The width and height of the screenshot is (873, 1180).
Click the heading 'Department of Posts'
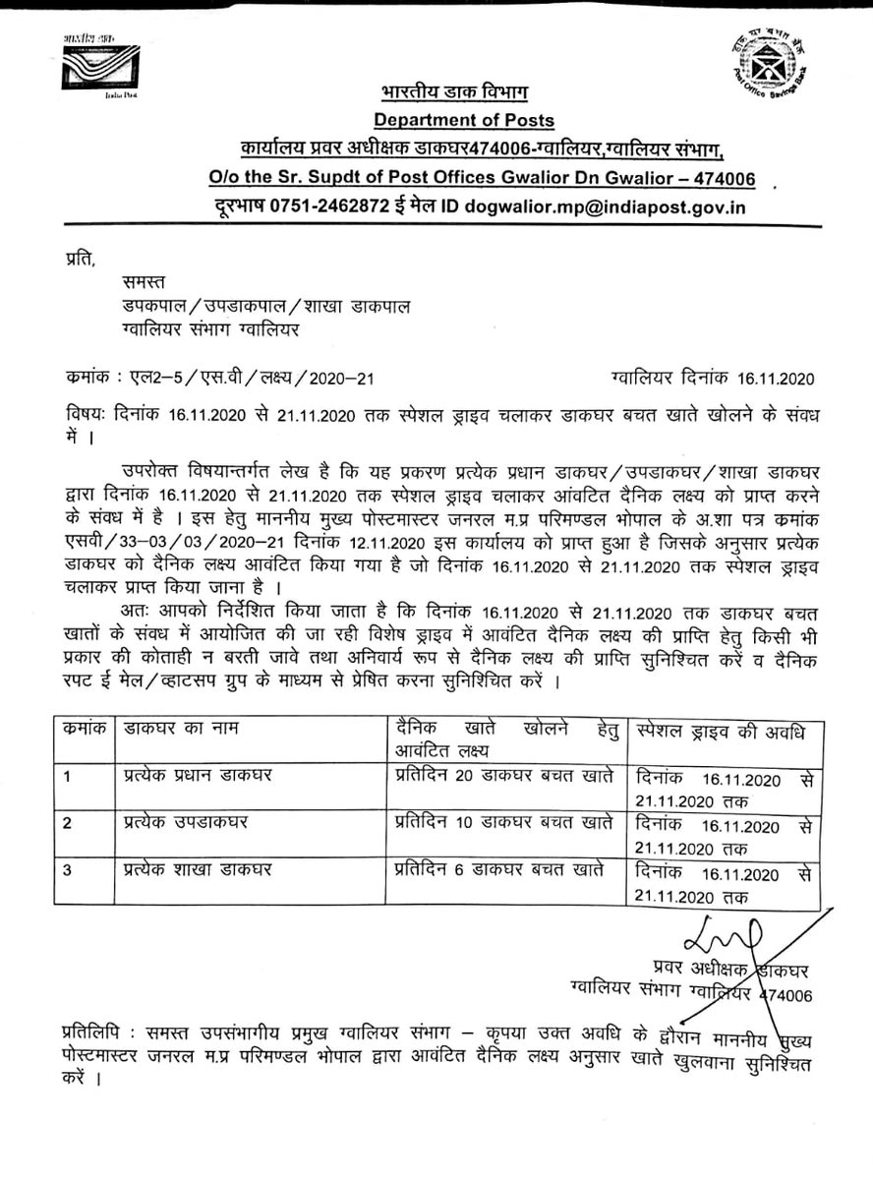(464, 121)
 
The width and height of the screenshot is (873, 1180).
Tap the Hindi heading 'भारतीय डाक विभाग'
(454, 92)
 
